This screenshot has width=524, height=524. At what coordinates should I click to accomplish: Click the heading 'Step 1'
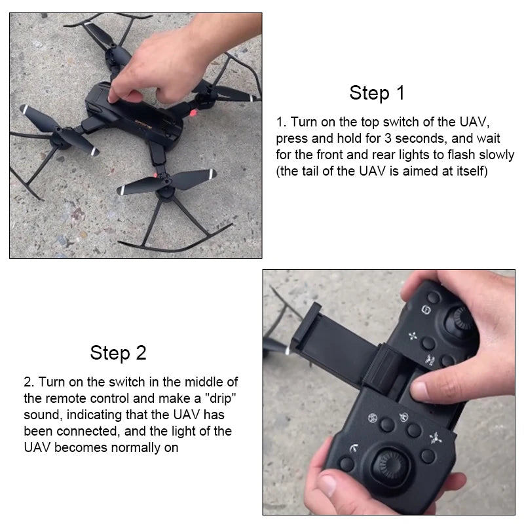tap(377, 92)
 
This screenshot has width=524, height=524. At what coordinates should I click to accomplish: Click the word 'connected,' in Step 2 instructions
tap(79, 432)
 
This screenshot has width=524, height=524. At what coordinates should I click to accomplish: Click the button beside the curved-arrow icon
tap(348, 464)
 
